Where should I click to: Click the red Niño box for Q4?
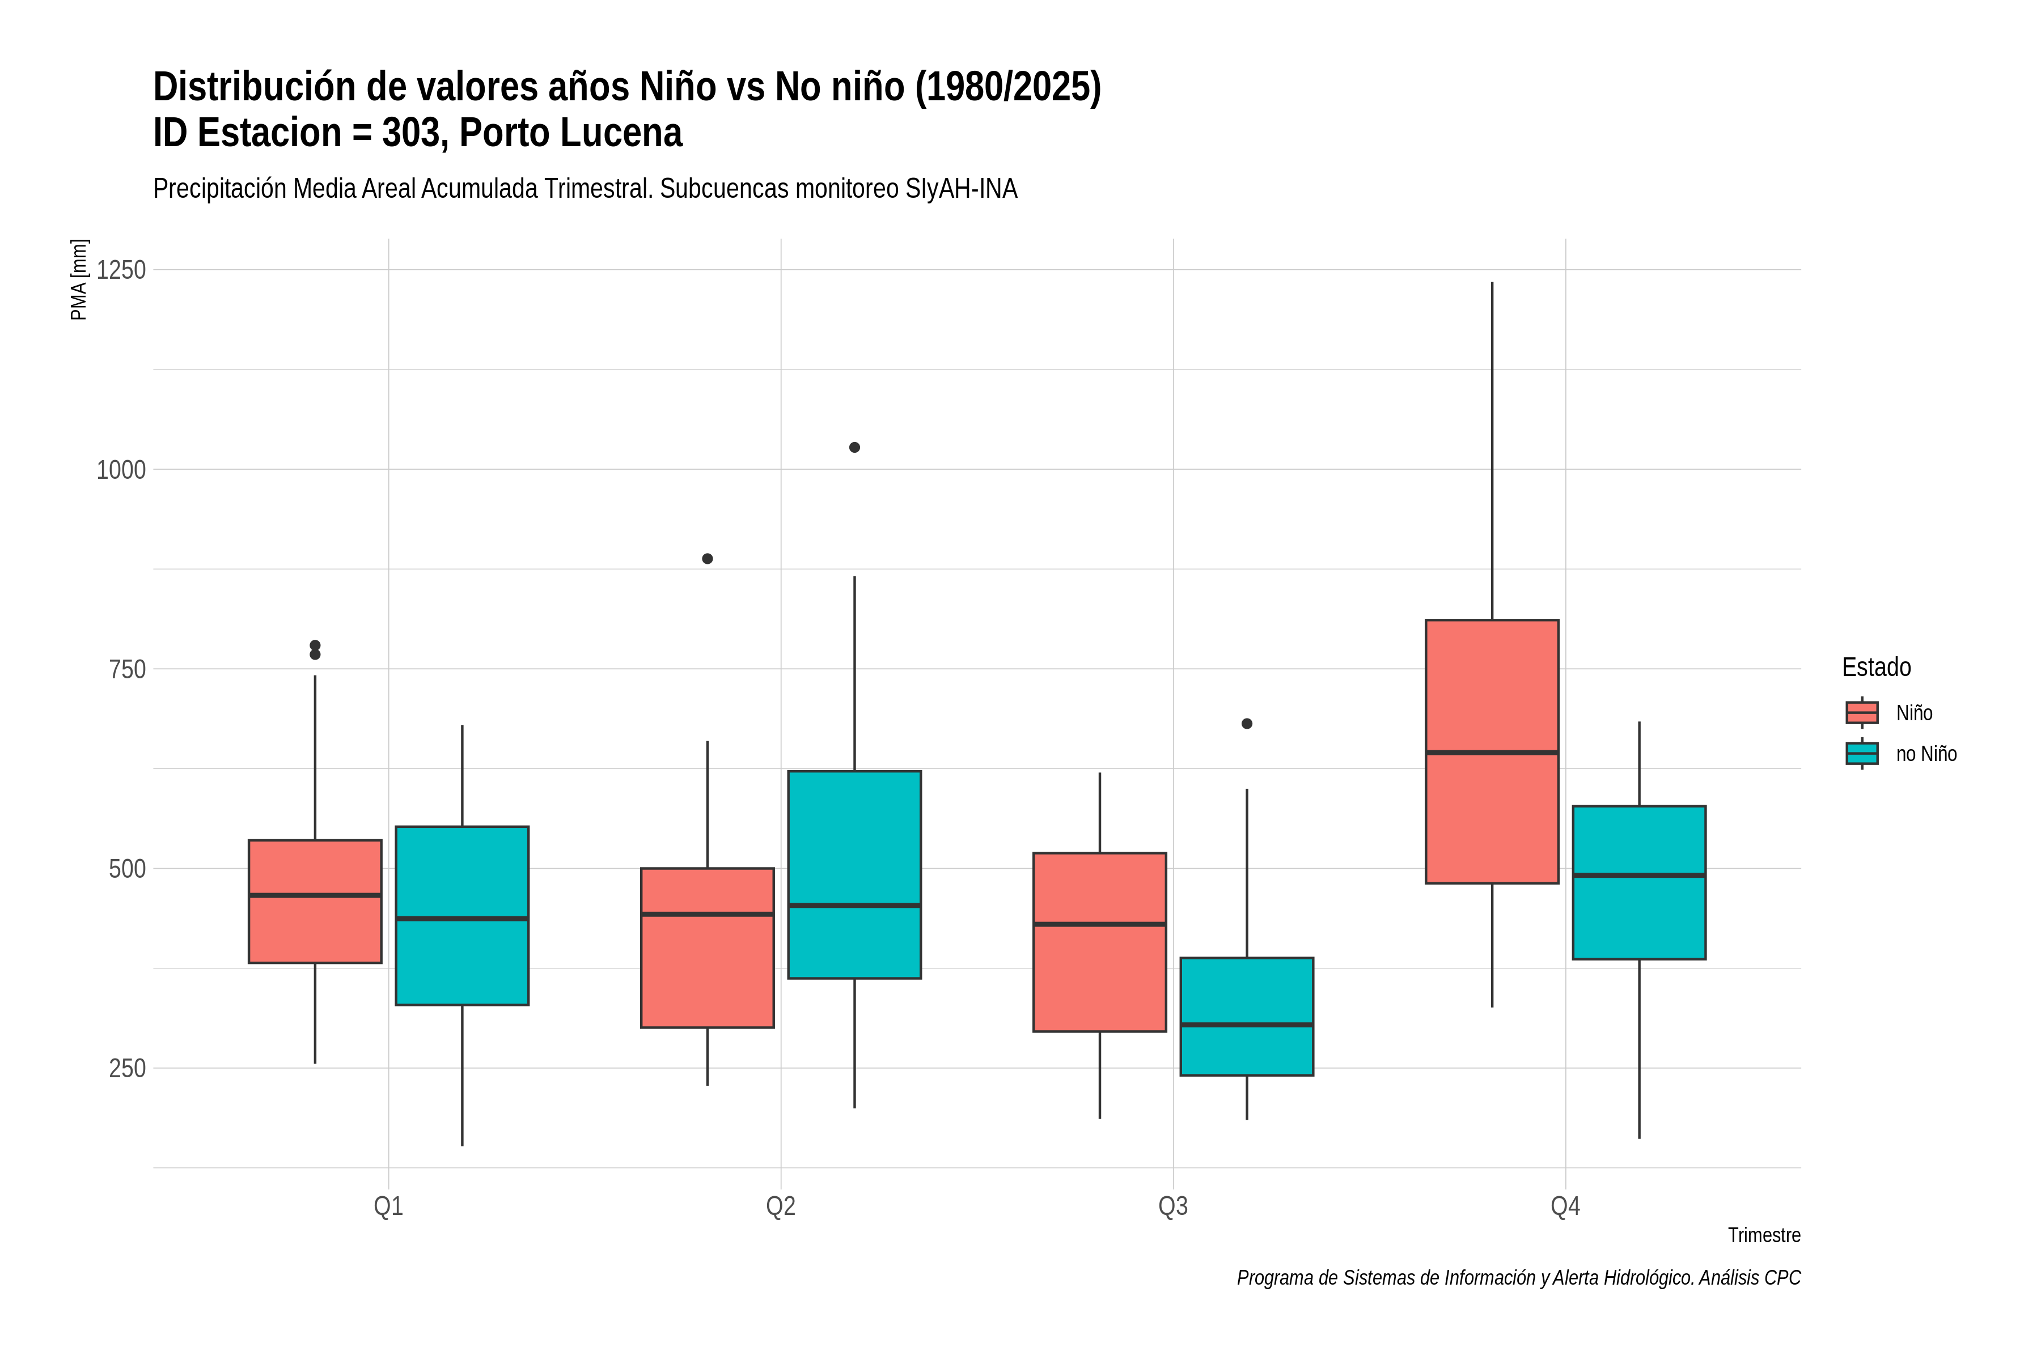tap(1492, 751)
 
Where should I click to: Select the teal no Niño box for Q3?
tap(1247, 1017)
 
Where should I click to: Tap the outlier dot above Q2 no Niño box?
tap(855, 448)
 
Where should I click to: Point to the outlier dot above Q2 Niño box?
tap(707, 559)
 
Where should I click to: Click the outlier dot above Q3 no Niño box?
tap(1247, 724)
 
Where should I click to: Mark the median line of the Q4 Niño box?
tap(1492, 752)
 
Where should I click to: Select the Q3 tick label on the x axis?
tap(1173, 1206)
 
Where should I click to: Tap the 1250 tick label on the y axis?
tap(121, 270)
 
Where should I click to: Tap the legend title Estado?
tap(1876, 667)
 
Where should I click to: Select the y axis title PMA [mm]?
tap(79, 279)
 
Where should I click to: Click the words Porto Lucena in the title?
tap(570, 133)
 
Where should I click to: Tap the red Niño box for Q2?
tap(707, 948)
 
